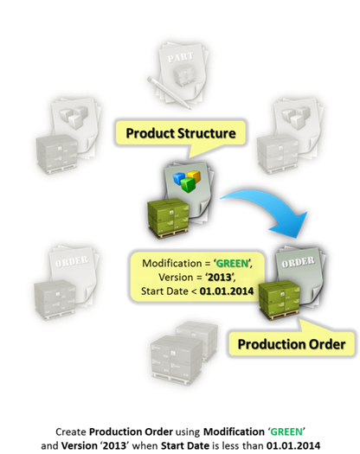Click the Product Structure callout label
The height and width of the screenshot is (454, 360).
(x=181, y=133)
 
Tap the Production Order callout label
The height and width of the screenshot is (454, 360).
(x=292, y=344)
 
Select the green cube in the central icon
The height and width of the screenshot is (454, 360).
(x=188, y=184)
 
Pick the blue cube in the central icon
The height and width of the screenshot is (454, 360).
(x=179, y=177)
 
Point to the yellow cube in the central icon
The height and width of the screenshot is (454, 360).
(x=194, y=176)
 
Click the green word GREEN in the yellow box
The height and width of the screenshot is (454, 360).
(x=232, y=264)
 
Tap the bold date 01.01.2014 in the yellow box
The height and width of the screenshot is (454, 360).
(x=227, y=291)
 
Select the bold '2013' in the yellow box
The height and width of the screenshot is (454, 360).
(x=220, y=278)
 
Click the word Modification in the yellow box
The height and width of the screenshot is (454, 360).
(x=168, y=264)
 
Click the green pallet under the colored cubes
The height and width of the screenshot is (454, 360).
(x=168, y=219)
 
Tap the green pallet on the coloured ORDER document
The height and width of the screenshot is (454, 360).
(x=280, y=300)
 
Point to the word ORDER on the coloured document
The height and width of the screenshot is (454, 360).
(x=298, y=262)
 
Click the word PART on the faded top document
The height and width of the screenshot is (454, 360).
(x=180, y=57)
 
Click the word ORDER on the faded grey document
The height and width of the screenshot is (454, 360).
(x=71, y=262)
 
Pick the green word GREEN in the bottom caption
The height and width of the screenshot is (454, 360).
(x=286, y=432)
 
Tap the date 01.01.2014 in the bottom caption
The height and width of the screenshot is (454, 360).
(x=293, y=445)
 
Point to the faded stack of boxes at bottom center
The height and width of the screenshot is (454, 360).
(x=183, y=352)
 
